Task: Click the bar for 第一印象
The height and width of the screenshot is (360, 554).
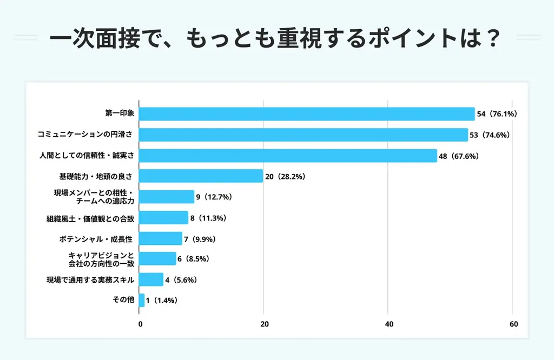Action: coord(307,114)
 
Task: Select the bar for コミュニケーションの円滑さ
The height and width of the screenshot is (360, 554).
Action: coord(304,135)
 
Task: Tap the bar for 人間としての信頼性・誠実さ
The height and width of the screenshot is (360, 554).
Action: coord(288,156)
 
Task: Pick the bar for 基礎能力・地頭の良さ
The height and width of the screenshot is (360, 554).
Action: coord(201,176)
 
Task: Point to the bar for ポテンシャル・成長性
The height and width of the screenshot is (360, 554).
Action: coord(161,238)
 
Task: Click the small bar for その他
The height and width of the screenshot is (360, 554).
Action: coord(142,300)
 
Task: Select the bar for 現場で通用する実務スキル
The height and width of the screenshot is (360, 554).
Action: coord(151,279)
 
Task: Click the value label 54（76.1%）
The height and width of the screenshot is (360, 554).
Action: coord(498,114)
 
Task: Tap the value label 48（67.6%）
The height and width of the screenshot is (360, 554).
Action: coord(459,156)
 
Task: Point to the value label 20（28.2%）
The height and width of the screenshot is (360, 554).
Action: coord(286,176)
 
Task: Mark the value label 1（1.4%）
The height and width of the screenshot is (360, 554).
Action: coord(162,300)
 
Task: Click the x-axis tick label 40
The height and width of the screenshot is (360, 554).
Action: coord(388,324)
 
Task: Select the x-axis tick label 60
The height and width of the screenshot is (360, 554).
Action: coord(513,324)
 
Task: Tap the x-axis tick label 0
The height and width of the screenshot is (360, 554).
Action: coord(141,324)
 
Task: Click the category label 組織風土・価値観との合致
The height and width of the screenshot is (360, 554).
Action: coord(90,218)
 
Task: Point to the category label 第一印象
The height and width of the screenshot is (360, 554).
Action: coord(119,114)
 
